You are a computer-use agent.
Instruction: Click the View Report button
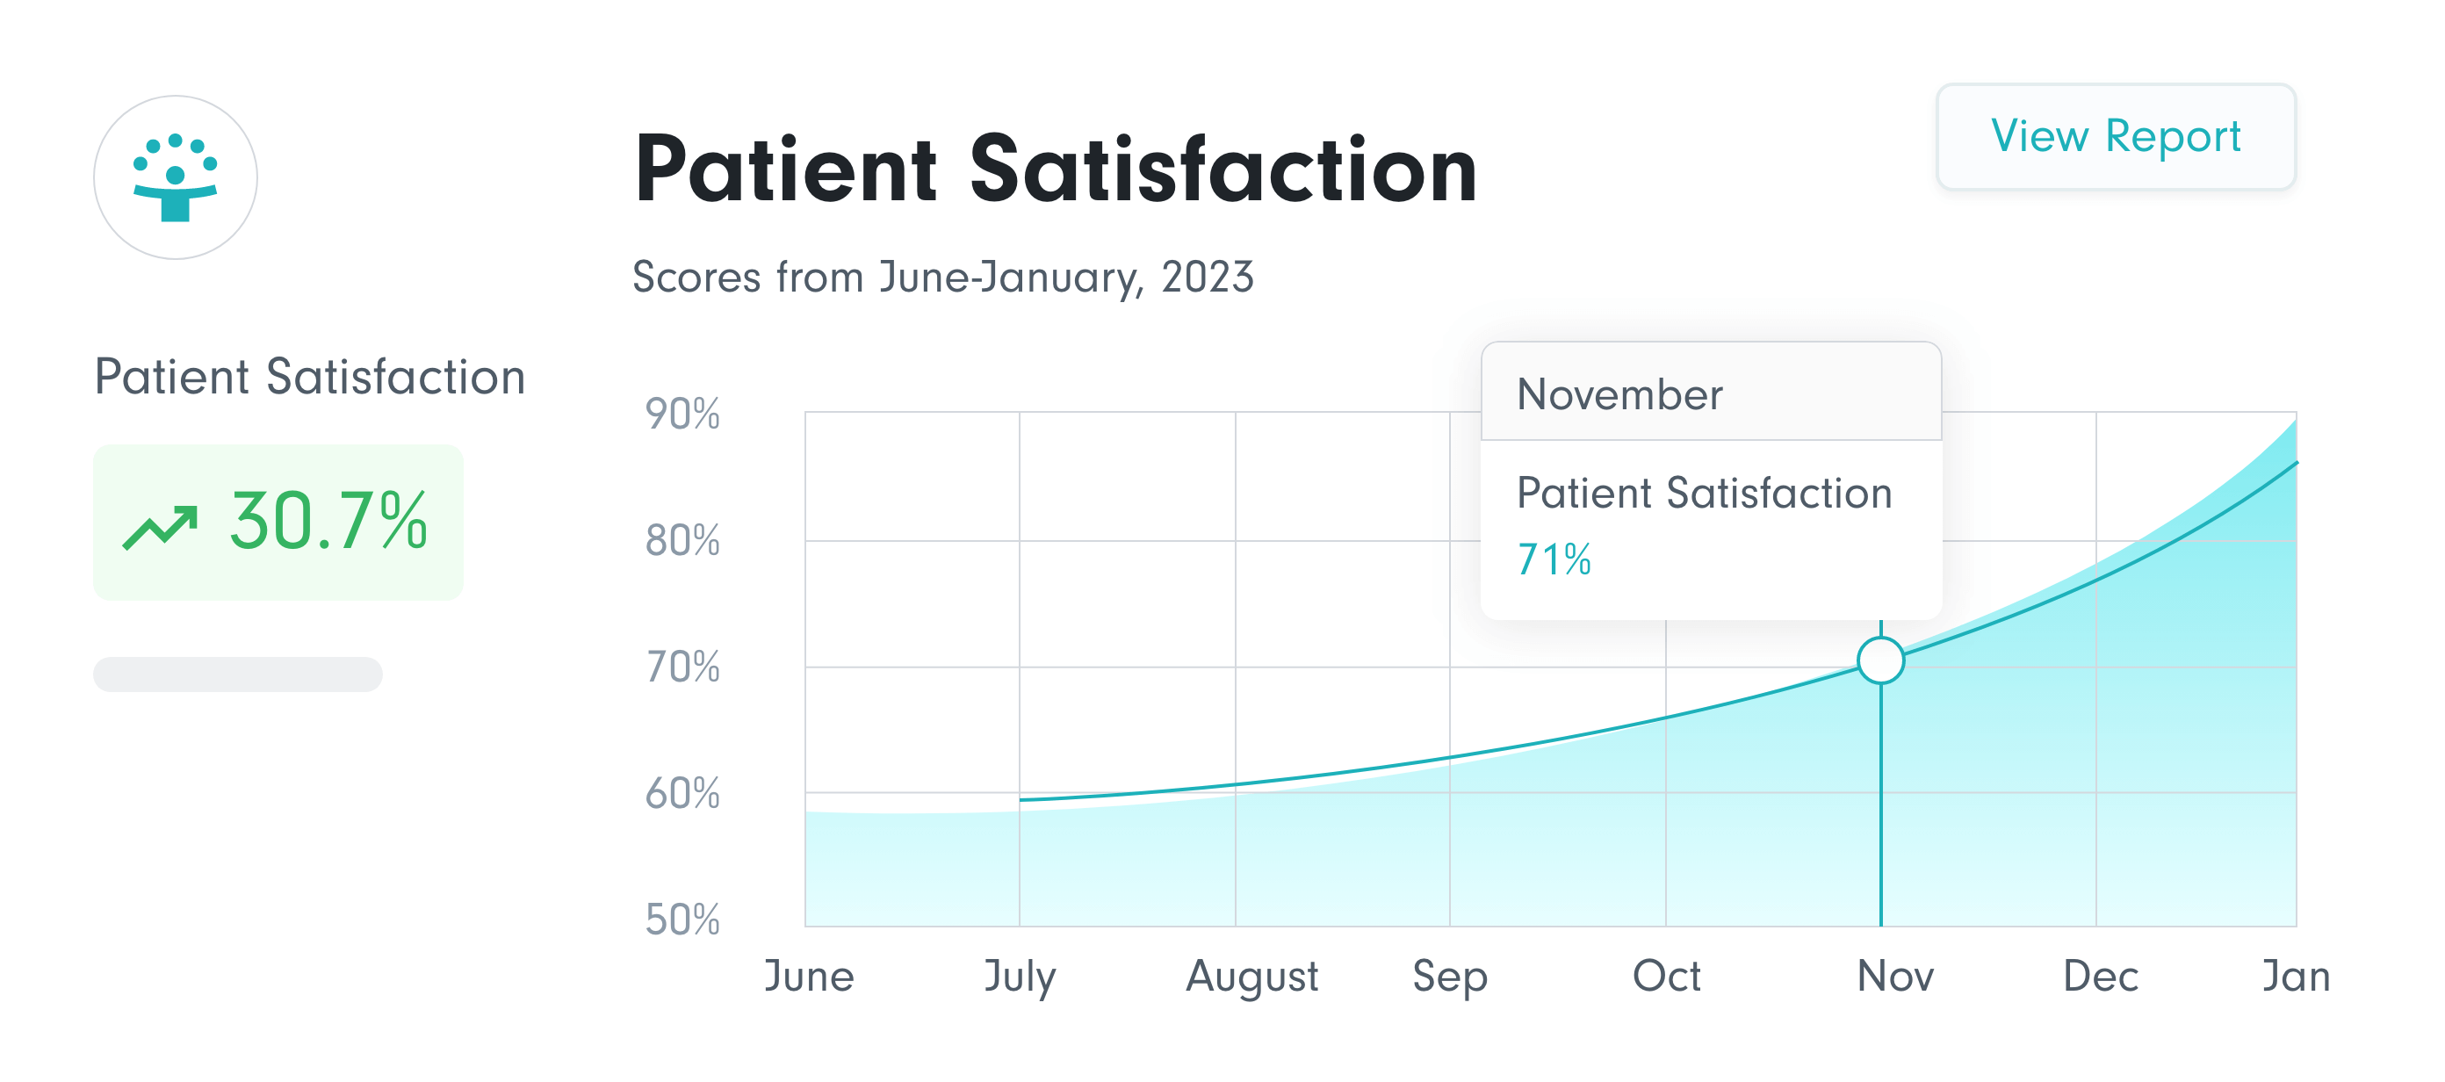2115,137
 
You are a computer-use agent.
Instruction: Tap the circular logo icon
176,177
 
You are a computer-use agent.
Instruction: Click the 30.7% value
328,521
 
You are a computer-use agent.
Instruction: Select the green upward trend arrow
160,527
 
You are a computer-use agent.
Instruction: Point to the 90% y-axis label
682,415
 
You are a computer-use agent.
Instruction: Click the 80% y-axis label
682,541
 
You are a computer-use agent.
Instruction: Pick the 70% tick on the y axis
682,667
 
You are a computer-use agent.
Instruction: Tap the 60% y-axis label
682,793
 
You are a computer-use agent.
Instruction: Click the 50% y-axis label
682,920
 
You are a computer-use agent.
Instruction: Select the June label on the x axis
809,976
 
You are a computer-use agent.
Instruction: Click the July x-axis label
1020,976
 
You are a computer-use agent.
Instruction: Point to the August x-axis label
1252,976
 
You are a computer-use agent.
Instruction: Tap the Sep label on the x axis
1449,976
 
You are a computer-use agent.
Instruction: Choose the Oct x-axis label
1666,976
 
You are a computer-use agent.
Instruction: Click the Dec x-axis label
2101,976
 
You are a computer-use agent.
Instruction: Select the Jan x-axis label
2296,976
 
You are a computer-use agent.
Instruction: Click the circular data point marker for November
1880,660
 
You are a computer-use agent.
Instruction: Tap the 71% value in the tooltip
1554,560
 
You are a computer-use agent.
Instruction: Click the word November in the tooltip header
1619,395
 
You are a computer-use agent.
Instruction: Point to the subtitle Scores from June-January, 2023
942,278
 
